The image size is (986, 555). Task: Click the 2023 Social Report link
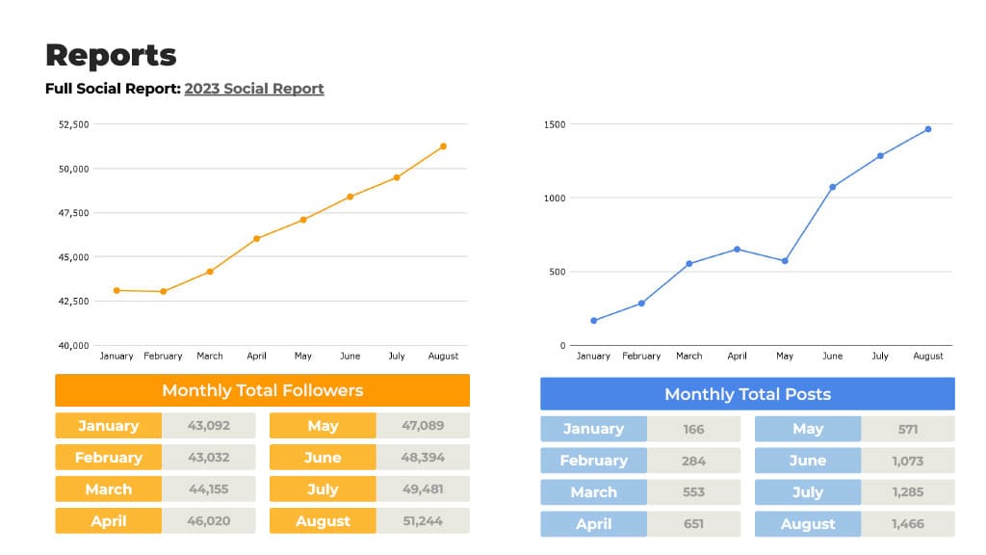click(254, 89)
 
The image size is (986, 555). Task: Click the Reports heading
click(111, 55)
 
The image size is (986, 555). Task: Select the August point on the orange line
click(443, 146)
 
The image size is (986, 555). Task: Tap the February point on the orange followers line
click(164, 291)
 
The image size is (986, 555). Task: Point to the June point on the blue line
click(832, 187)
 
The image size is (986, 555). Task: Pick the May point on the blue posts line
click(785, 261)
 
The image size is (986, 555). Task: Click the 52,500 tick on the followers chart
click(74, 124)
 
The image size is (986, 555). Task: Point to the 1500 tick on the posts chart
click(555, 124)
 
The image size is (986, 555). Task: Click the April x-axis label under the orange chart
click(256, 357)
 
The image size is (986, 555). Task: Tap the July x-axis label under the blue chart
click(880, 357)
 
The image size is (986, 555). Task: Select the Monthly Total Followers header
click(262, 390)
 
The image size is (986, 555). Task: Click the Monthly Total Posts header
click(747, 394)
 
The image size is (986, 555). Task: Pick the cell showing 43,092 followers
click(209, 426)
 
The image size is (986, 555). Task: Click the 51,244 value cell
click(423, 521)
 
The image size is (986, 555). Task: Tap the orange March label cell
click(109, 489)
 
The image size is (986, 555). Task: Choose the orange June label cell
click(323, 458)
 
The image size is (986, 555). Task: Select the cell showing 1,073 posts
click(907, 461)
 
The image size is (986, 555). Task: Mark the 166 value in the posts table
click(693, 429)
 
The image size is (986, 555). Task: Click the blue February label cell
click(593, 461)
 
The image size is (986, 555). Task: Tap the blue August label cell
click(808, 524)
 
